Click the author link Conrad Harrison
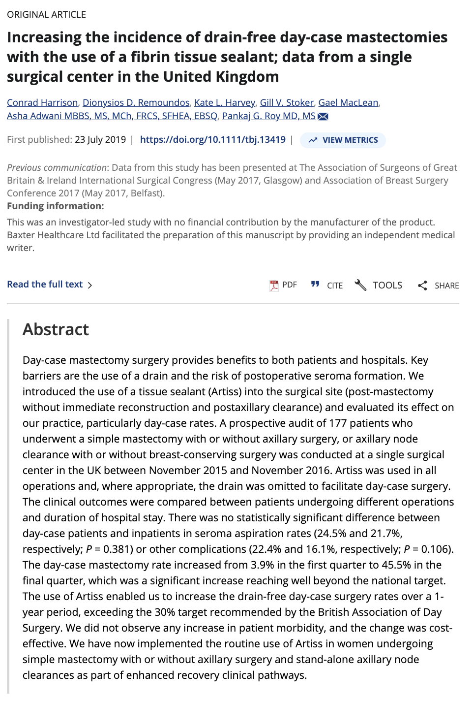(x=42, y=102)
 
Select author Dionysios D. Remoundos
(x=136, y=102)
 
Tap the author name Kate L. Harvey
(x=225, y=102)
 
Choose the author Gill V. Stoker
(x=287, y=102)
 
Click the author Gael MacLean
(x=348, y=102)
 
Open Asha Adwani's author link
(x=112, y=116)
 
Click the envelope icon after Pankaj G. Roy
(x=323, y=116)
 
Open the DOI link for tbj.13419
(x=212, y=139)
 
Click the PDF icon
(x=274, y=285)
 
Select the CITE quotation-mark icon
(x=315, y=285)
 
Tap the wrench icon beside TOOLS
(x=360, y=285)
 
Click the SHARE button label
(x=446, y=286)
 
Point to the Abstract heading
(x=56, y=329)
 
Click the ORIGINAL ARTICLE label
(x=46, y=15)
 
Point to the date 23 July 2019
(x=100, y=139)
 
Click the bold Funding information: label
(x=56, y=206)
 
